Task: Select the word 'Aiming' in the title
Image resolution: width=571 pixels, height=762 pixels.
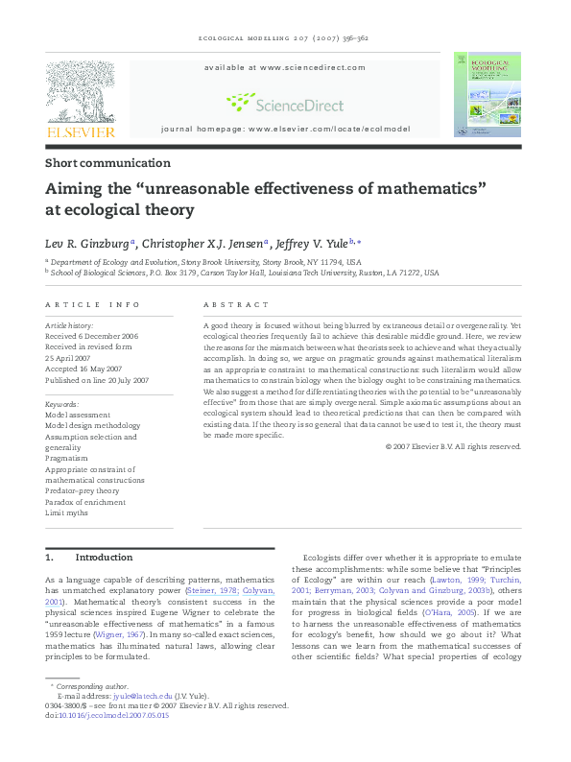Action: pyautogui.click(x=74, y=189)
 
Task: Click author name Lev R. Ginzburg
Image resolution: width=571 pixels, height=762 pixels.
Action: pyautogui.click(x=88, y=243)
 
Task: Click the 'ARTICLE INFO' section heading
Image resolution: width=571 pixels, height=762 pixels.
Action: pyautogui.click(x=92, y=304)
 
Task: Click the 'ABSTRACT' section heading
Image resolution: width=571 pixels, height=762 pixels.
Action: pyautogui.click(x=236, y=304)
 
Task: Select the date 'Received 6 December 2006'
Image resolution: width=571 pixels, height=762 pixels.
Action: pyautogui.click(x=92, y=337)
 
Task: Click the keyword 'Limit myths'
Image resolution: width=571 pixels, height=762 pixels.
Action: pyautogui.click(x=67, y=512)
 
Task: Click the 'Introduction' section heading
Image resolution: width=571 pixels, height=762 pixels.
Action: pyautogui.click(x=103, y=558)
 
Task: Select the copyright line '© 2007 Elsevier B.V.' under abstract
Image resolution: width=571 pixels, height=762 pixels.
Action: pyautogui.click(x=453, y=446)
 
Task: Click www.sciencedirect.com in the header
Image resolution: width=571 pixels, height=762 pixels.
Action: pyautogui.click(x=312, y=67)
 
